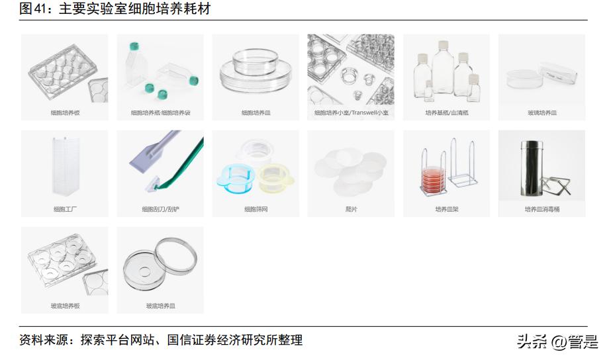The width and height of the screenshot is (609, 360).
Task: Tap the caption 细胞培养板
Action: click(x=65, y=113)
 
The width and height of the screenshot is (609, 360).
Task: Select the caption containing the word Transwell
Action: click(x=351, y=113)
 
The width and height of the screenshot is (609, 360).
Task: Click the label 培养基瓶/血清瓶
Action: click(x=446, y=113)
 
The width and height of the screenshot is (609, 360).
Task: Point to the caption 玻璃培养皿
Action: click(x=541, y=113)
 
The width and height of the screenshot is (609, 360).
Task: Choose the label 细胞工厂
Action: click(x=65, y=210)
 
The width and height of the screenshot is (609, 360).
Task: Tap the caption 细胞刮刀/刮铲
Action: click(x=160, y=210)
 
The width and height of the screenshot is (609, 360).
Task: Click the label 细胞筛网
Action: click(x=256, y=210)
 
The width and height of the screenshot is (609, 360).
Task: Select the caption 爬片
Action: click(x=351, y=210)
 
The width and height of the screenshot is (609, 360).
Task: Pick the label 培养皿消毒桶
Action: click(x=541, y=210)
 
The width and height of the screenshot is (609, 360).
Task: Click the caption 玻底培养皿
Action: click(x=160, y=306)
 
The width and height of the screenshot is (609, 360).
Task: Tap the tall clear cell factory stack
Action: click(x=65, y=167)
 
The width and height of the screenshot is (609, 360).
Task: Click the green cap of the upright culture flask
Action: click(x=136, y=46)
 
